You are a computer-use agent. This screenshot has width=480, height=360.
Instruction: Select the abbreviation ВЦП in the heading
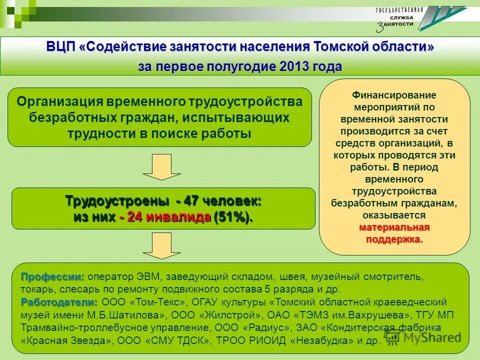(61, 47)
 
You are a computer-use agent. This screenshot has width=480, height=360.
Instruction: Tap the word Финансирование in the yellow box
(394, 95)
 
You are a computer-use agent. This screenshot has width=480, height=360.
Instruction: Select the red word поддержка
(394, 239)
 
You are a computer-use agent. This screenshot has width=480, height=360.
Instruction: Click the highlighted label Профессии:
(52, 276)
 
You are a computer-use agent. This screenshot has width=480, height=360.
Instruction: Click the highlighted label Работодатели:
(59, 302)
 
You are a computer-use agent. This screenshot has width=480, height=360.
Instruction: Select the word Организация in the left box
(59, 101)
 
